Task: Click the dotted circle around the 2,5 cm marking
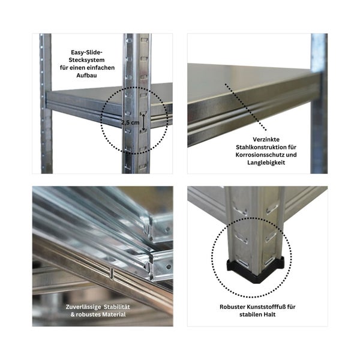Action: (102, 117)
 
